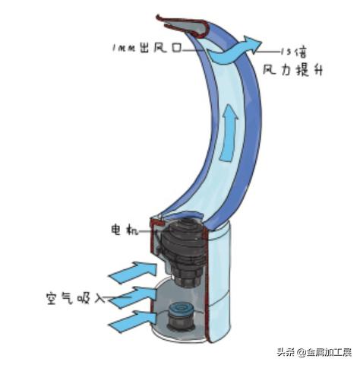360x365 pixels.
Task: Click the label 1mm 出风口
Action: (147, 48)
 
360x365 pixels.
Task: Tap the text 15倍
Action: (294, 52)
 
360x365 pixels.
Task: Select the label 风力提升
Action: (292, 70)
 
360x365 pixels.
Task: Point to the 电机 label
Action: (125, 230)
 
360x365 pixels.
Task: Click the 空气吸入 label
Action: (75, 298)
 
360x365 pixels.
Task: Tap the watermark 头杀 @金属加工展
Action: (314, 352)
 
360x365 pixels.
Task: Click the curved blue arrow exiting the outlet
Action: (234, 50)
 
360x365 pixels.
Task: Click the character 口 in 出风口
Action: (176, 48)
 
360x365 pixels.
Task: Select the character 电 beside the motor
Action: (116, 230)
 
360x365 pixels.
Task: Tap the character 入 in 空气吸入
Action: (99, 299)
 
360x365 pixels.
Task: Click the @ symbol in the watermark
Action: (302, 352)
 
